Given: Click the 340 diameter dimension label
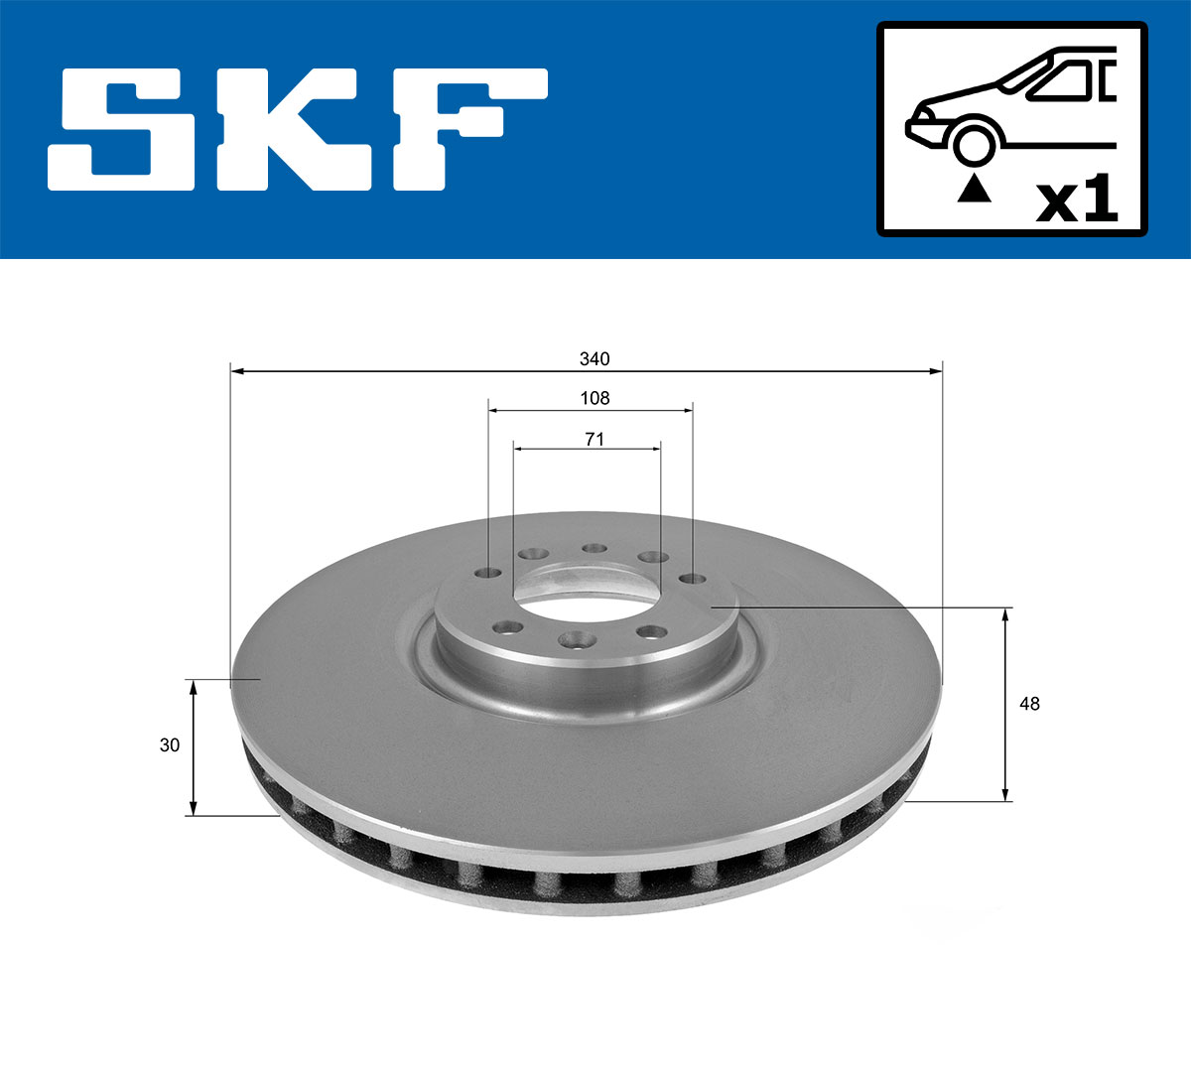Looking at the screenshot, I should pos(595,358).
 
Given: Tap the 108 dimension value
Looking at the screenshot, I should pos(595,398).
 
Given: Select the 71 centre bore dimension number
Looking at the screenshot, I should pos(595,438).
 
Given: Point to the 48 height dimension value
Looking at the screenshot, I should pos(1030,704).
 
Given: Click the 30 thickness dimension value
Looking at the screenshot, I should pos(170,744).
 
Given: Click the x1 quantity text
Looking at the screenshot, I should pos(1077,201).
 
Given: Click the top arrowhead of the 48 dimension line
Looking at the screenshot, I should pos(1006,615).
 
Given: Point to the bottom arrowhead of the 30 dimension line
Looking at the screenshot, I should pos(194,808).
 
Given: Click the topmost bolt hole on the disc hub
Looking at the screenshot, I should pos(595,548).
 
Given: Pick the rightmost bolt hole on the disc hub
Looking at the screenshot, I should pos(692,579).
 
